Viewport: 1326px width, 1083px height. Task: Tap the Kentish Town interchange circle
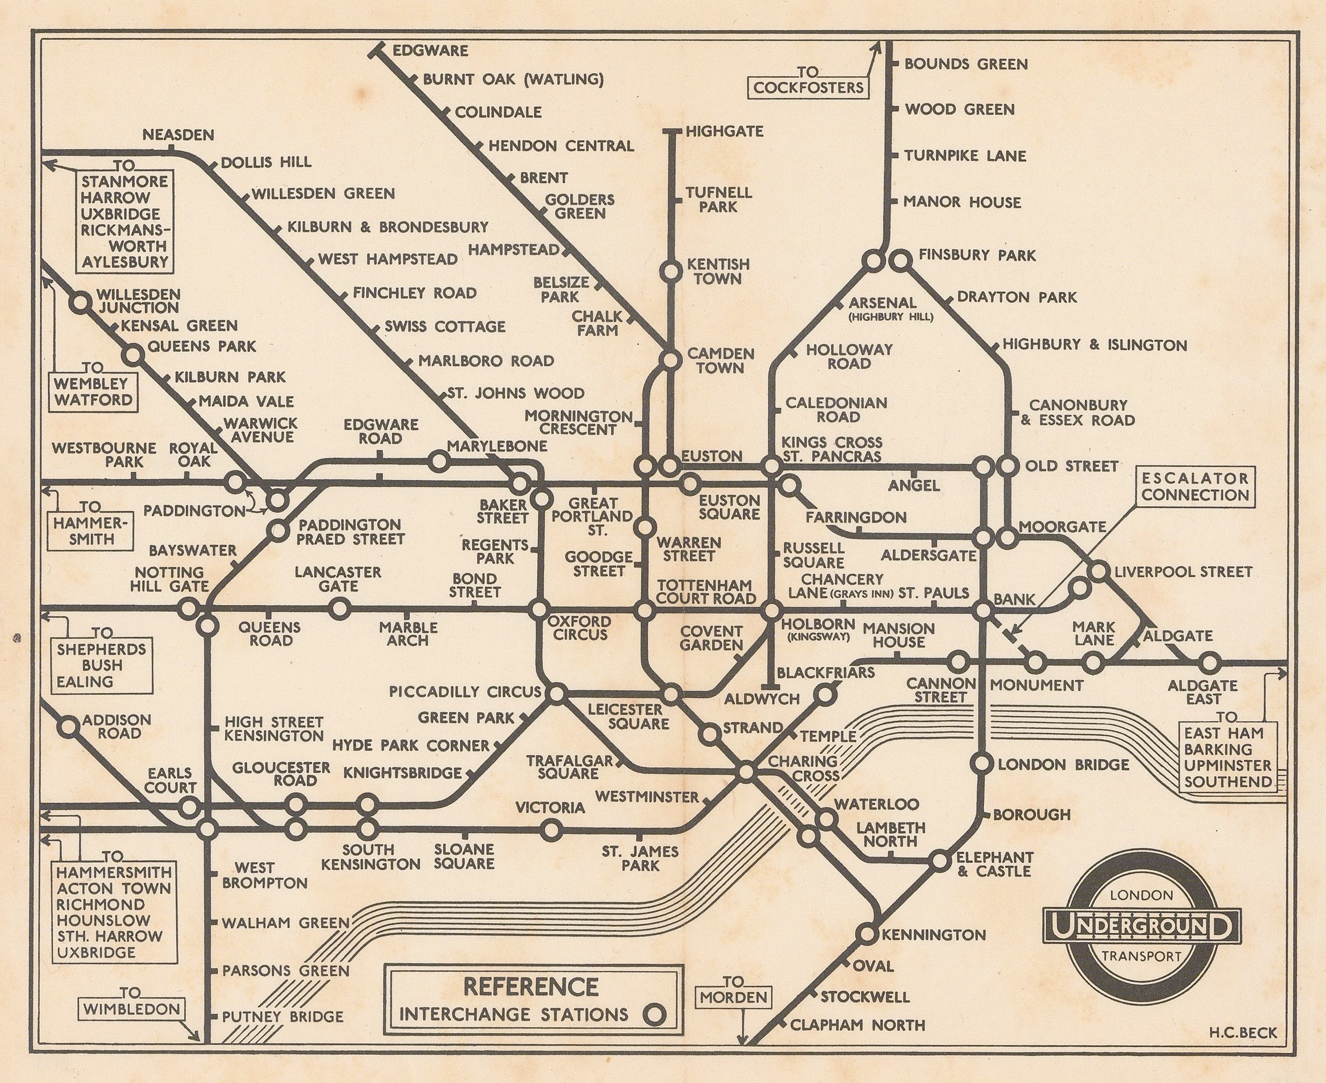click(x=671, y=271)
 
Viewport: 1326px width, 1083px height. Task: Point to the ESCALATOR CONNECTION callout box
click(x=1195, y=487)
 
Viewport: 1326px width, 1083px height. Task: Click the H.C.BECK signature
click(x=1242, y=1032)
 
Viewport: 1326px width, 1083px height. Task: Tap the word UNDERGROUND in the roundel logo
click(x=1141, y=926)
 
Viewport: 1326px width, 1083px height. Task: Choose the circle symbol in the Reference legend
click(x=654, y=1014)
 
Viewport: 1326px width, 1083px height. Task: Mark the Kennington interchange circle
click(x=867, y=934)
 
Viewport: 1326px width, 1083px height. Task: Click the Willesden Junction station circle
click(x=80, y=303)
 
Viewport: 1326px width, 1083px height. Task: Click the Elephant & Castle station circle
click(x=940, y=861)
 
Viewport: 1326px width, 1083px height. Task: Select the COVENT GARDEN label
click(x=711, y=637)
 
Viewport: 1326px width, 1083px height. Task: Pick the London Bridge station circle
click(x=982, y=763)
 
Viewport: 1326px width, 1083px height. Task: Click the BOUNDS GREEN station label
click(x=966, y=64)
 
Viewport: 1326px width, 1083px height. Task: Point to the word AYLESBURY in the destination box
click(x=125, y=262)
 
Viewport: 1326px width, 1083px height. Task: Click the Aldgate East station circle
click(x=1209, y=662)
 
